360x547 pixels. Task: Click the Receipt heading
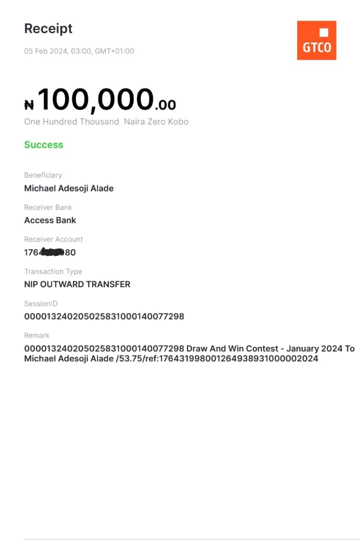click(x=48, y=29)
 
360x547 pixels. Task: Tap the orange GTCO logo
click(x=316, y=41)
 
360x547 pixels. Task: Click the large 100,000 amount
click(x=95, y=99)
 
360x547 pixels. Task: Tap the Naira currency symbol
click(x=29, y=105)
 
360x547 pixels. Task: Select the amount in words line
click(x=106, y=122)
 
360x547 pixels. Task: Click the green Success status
click(x=44, y=145)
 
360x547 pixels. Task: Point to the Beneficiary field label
click(x=43, y=175)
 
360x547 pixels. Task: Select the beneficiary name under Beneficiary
click(x=69, y=188)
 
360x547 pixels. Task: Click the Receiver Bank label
click(x=48, y=207)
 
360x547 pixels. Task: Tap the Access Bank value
click(x=50, y=220)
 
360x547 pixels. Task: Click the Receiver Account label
click(x=53, y=239)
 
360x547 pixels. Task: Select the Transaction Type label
click(x=53, y=271)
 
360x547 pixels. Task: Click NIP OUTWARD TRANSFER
click(x=77, y=284)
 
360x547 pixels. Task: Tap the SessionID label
click(x=41, y=303)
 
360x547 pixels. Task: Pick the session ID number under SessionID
click(x=104, y=317)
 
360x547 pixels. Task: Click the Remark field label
click(x=37, y=335)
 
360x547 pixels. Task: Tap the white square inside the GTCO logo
click(x=324, y=33)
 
